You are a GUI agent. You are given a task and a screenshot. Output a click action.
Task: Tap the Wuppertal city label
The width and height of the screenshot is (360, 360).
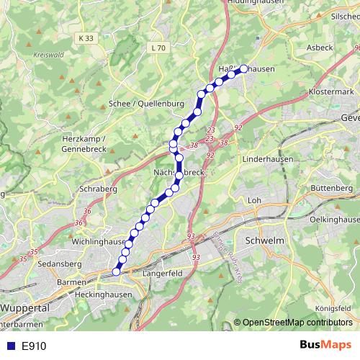click(x=24, y=307)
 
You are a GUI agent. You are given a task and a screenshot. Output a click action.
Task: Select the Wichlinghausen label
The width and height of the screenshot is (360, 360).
click(x=99, y=242)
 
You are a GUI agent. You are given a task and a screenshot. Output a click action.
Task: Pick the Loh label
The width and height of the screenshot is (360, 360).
click(x=253, y=199)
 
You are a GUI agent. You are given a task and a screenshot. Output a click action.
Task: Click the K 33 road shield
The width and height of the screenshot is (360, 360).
click(x=87, y=37)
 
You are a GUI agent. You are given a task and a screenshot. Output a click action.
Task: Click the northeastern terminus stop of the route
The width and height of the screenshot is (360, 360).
click(x=243, y=68)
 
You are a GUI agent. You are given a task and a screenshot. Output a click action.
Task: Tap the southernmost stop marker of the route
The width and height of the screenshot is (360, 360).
click(x=117, y=271)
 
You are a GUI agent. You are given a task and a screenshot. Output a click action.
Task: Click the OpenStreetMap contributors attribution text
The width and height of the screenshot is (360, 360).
click(x=297, y=323)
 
